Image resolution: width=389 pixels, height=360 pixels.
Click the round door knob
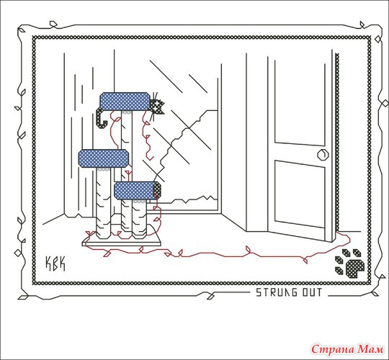(x=323, y=155)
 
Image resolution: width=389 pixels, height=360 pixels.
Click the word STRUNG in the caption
(x=277, y=292)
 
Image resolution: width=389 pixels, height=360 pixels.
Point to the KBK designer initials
(x=55, y=264)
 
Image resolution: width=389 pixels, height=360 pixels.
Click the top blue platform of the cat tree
(x=125, y=102)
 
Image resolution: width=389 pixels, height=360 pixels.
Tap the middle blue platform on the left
(x=104, y=158)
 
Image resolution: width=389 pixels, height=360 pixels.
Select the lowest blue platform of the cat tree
(x=135, y=191)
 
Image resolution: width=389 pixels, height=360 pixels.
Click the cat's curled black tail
(x=101, y=118)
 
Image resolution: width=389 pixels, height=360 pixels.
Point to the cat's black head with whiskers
(x=157, y=107)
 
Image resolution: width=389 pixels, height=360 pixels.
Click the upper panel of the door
(x=300, y=103)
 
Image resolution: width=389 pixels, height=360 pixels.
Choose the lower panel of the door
(x=300, y=194)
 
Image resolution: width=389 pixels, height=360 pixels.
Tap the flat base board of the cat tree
(x=122, y=241)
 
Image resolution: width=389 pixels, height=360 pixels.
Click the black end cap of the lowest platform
(x=157, y=190)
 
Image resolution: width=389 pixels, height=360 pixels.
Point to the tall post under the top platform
(x=127, y=146)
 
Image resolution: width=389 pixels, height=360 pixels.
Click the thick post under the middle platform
(x=104, y=203)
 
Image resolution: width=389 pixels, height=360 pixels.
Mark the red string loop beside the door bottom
(x=344, y=239)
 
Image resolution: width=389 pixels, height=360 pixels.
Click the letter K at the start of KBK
(x=48, y=264)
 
